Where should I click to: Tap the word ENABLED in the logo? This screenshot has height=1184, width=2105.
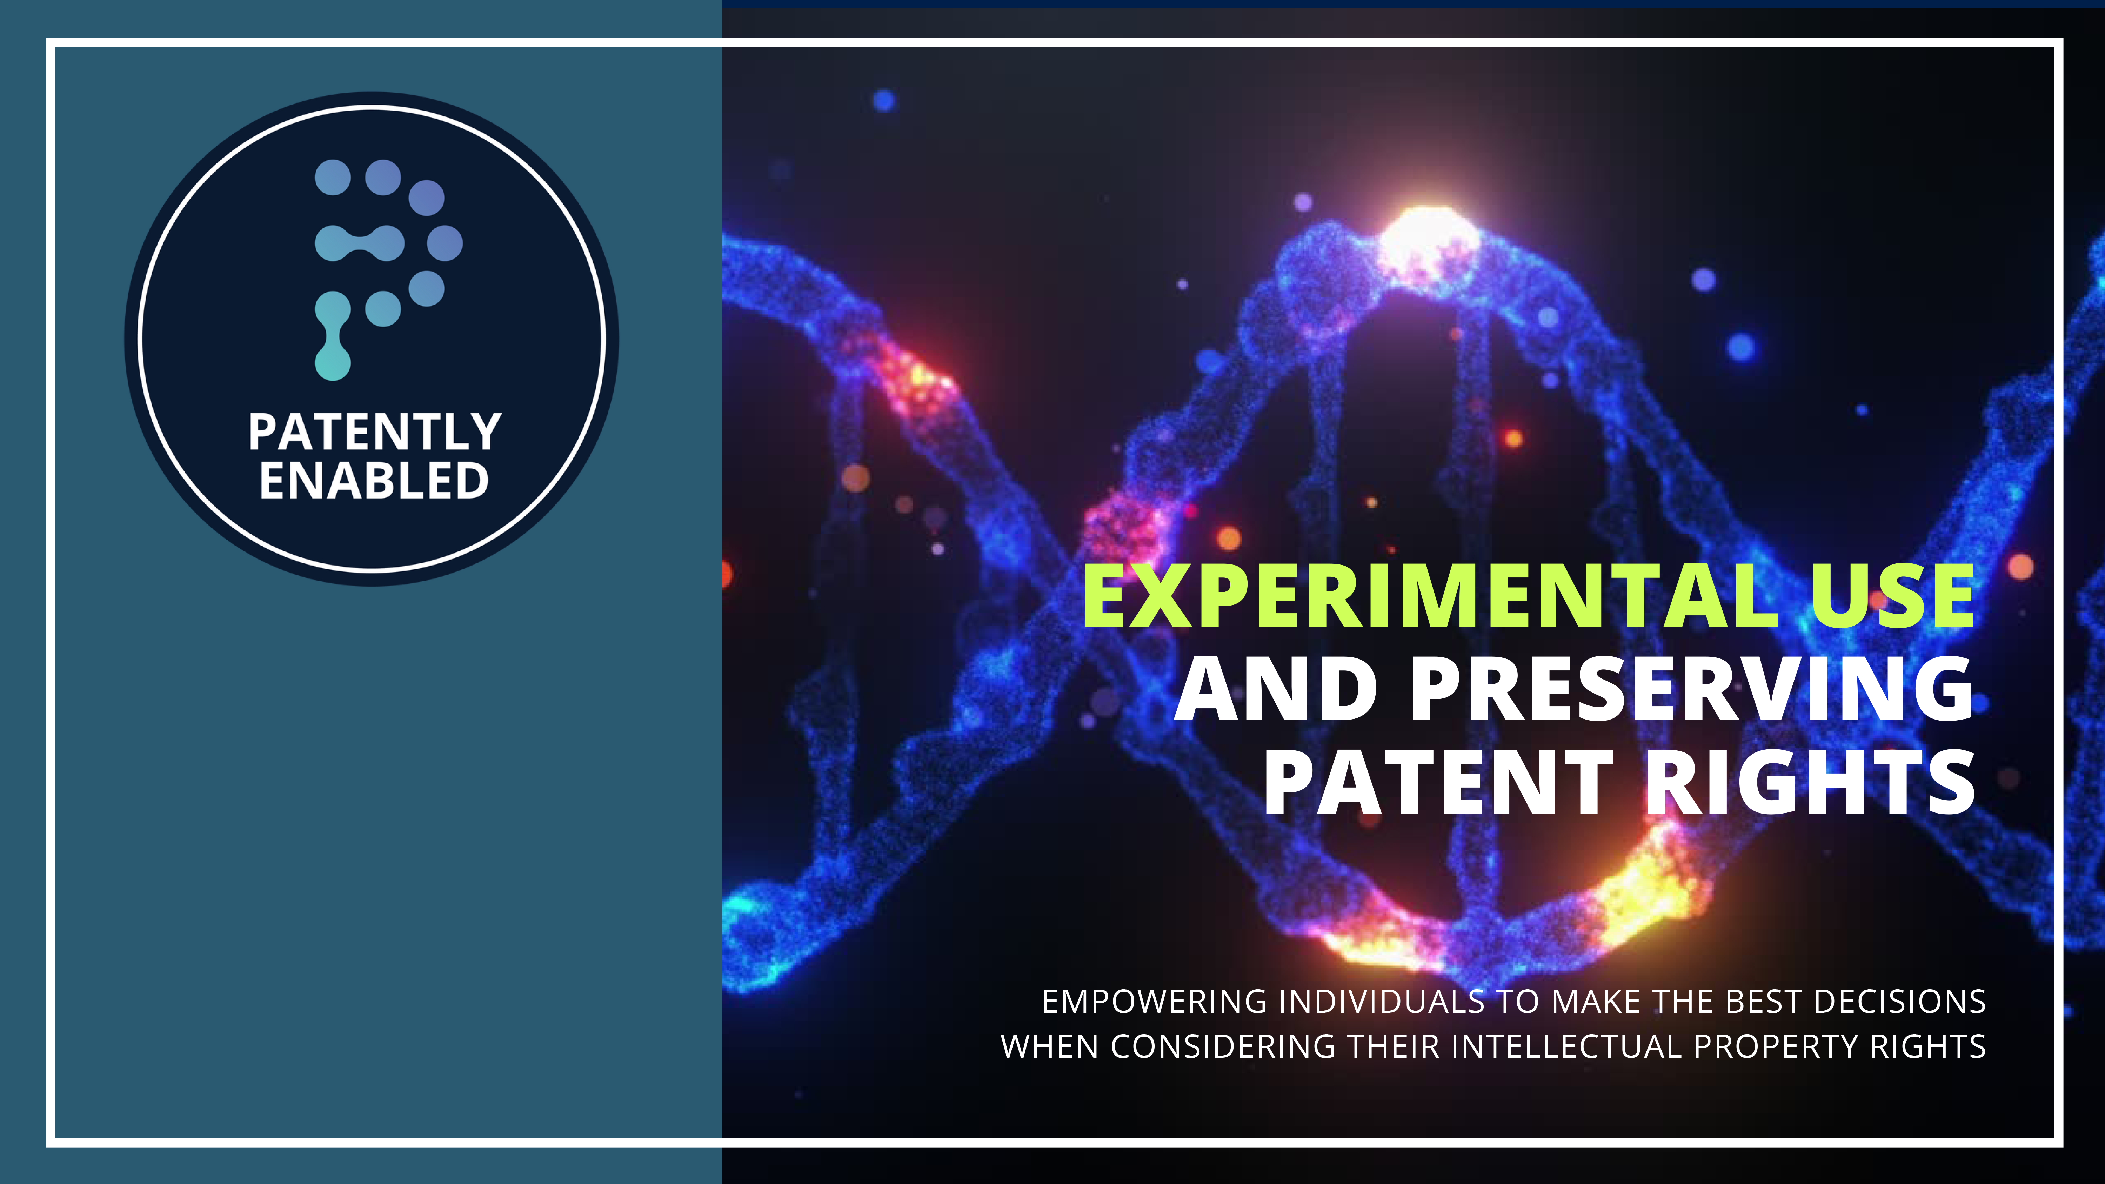point(374,481)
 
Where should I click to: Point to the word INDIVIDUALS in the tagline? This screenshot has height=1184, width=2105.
point(1381,1002)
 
